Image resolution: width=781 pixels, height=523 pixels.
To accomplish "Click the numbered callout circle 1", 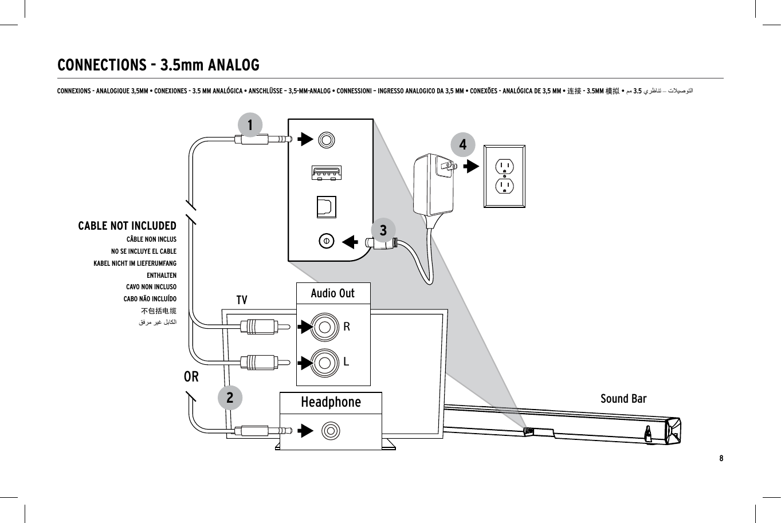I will [250, 125].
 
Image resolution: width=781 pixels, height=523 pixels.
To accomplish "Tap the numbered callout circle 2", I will [230, 398].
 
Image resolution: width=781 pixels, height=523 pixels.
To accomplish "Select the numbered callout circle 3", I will [383, 230].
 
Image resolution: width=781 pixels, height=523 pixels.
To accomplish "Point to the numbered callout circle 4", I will [463, 145].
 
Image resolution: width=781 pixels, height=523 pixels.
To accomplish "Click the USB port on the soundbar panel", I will [327, 172].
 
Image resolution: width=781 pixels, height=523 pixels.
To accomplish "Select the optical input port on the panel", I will [327, 207].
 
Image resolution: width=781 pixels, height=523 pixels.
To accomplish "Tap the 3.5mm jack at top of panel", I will [326, 140].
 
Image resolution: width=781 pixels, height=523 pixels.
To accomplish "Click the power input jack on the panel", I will [326, 241].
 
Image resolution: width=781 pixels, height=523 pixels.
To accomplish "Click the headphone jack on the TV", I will [331, 431].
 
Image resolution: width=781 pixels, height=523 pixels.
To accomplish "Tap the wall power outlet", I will [504, 176].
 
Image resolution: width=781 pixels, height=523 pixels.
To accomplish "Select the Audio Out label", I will [332, 293].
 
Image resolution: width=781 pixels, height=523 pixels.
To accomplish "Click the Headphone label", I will [331, 402].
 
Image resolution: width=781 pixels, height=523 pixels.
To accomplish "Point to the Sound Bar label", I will [623, 399].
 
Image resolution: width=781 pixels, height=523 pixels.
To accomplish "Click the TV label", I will [242, 300].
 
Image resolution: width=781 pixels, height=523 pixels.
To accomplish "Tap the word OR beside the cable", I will [191, 377].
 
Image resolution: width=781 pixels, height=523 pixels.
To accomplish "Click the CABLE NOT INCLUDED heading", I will [127, 226].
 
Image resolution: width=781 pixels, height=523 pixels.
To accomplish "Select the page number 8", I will [721, 458].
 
